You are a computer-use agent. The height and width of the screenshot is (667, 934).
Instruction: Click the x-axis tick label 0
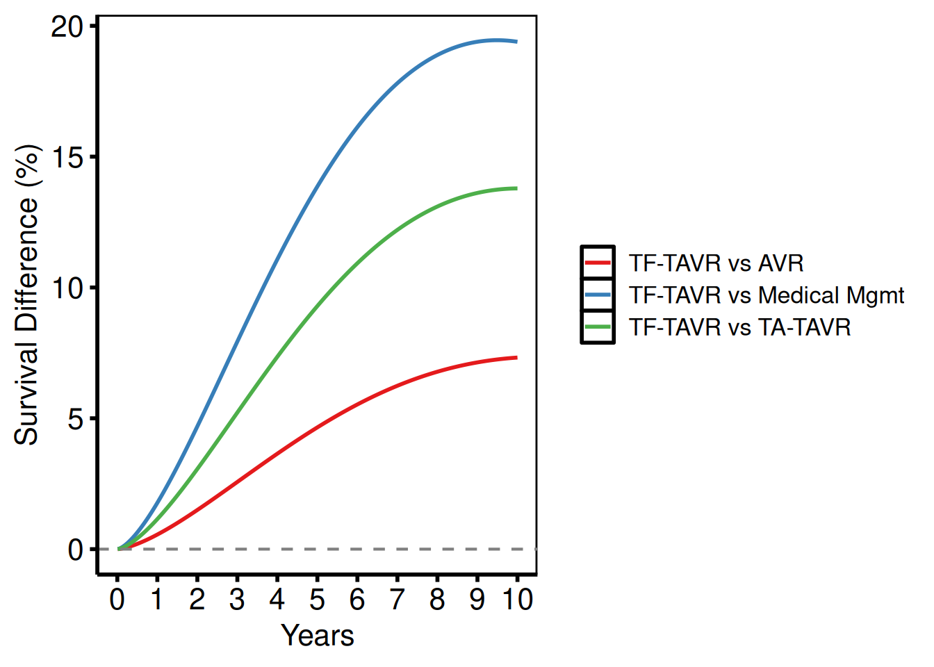(x=117, y=600)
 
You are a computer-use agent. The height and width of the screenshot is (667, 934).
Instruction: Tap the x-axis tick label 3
(x=237, y=600)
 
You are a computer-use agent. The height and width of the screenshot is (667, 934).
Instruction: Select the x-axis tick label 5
(x=317, y=600)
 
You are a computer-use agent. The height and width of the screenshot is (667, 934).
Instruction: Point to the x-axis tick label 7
(x=397, y=600)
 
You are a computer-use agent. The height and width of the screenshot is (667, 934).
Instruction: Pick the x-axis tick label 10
(x=517, y=600)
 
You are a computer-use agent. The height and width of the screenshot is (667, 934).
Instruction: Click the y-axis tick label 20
(x=67, y=26)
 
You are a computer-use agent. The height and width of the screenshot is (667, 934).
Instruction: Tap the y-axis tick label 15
(x=67, y=157)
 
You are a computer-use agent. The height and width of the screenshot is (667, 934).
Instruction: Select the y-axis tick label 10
(x=67, y=288)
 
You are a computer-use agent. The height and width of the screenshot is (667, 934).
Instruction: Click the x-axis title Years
(x=317, y=636)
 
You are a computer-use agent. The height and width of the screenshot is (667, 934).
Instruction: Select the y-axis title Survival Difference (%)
(x=27, y=295)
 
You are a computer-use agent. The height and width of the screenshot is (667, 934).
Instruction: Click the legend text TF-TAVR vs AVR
(x=716, y=263)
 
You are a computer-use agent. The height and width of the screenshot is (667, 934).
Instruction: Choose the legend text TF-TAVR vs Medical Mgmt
(x=766, y=295)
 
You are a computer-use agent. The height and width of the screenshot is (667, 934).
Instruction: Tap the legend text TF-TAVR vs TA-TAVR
(x=739, y=327)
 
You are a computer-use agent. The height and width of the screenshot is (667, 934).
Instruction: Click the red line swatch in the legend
(x=598, y=263)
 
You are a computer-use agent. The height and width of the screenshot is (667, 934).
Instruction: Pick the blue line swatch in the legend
(x=598, y=295)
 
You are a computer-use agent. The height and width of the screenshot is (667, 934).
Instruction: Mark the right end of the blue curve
(x=516, y=42)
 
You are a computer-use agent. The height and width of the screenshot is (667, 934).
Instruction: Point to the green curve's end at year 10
(x=516, y=188)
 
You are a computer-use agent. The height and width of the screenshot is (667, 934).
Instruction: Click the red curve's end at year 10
(x=516, y=358)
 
